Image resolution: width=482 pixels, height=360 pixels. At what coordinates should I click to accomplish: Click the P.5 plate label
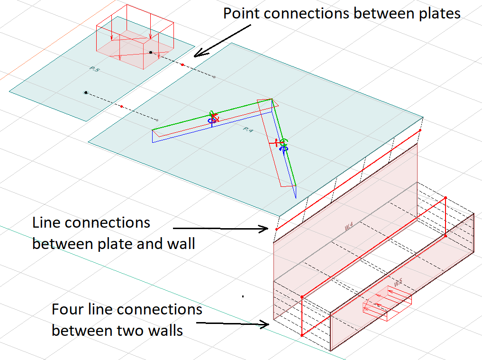point(93,69)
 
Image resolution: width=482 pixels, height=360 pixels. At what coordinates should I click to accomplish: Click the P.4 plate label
point(247,129)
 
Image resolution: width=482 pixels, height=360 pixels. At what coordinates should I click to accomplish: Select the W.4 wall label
point(350,227)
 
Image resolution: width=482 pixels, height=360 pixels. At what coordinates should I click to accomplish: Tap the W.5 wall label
point(397,282)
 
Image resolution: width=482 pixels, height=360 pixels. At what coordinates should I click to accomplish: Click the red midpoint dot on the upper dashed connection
point(182,65)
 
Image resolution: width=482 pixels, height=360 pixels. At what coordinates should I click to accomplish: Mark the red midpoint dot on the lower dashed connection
point(122,106)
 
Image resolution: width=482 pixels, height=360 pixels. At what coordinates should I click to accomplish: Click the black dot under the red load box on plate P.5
point(151,52)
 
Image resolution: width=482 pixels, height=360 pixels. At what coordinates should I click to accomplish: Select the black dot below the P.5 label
point(86,92)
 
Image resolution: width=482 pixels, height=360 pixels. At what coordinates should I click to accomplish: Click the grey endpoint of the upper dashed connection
point(215,77)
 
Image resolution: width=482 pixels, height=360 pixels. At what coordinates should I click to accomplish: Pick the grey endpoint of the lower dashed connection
point(157,120)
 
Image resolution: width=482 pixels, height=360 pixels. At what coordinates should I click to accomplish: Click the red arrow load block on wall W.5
point(387,303)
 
